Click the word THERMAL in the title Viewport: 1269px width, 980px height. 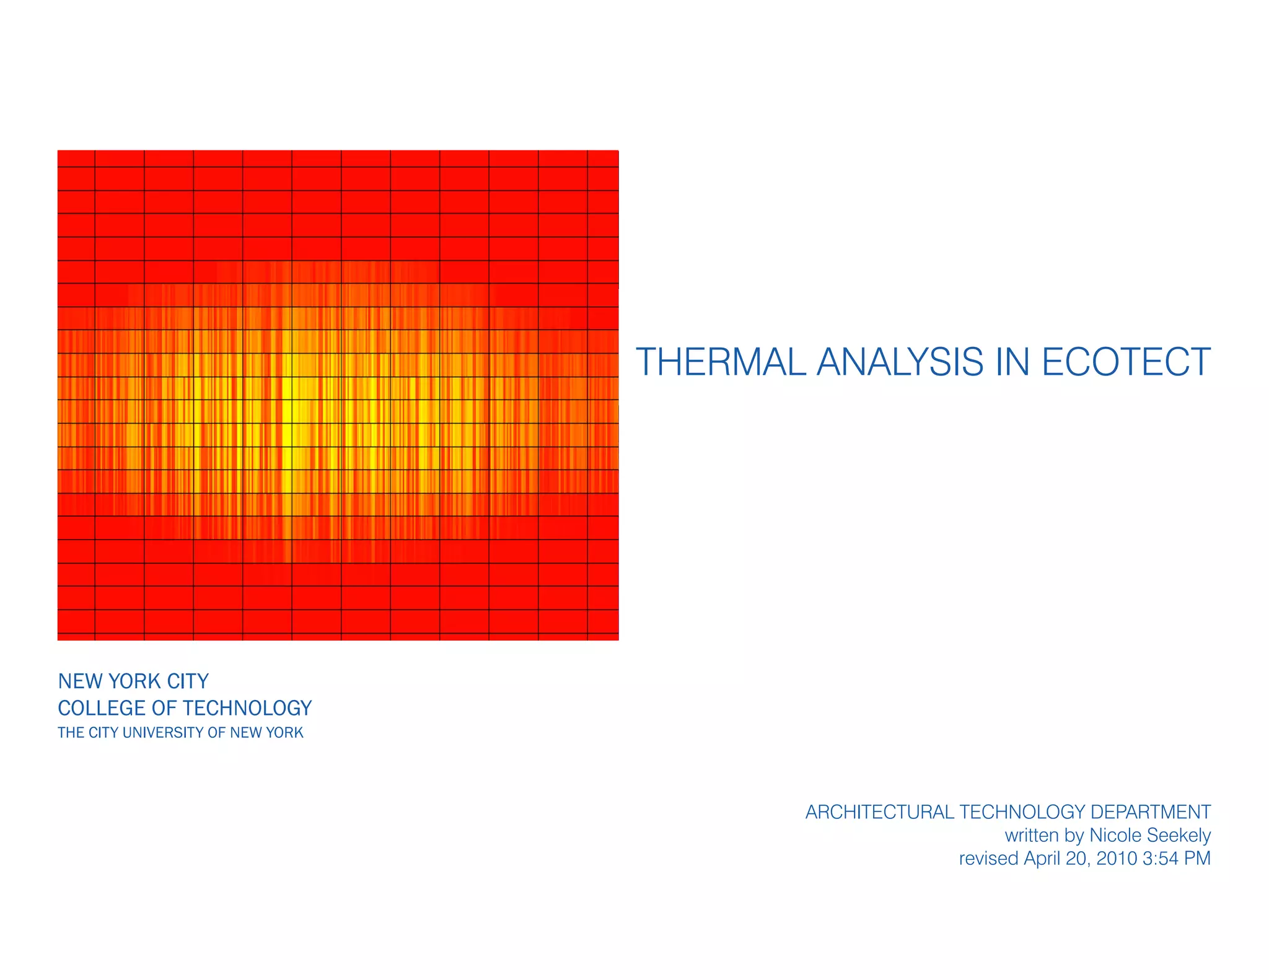(721, 362)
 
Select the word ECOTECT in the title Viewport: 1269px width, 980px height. (1126, 362)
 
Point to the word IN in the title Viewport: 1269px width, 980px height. (1012, 362)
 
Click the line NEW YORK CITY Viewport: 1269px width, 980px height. (133, 681)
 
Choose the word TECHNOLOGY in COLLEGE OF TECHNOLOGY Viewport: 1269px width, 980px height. (247, 708)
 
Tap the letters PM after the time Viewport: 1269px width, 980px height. (1197, 859)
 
